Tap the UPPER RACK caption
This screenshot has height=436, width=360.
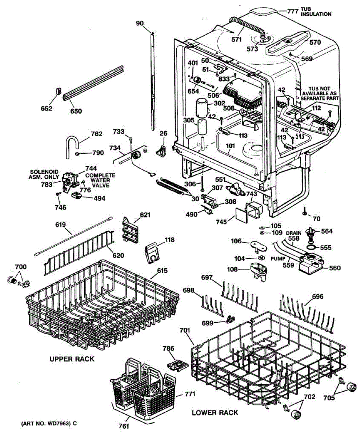click(x=72, y=359)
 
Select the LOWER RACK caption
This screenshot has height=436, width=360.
click(x=215, y=413)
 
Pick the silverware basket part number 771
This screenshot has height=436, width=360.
click(x=189, y=394)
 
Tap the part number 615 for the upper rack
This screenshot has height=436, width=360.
click(x=162, y=270)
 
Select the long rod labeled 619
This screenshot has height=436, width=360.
click(x=73, y=236)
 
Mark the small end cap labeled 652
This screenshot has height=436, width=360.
click(x=59, y=91)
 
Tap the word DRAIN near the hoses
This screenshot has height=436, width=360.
click(x=293, y=233)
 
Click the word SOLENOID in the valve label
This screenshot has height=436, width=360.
click(x=44, y=171)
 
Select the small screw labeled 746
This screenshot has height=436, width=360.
click(x=58, y=194)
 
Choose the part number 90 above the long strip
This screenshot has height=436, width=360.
click(x=140, y=23)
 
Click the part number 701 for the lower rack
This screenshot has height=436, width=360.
click(x=185, y=330)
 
